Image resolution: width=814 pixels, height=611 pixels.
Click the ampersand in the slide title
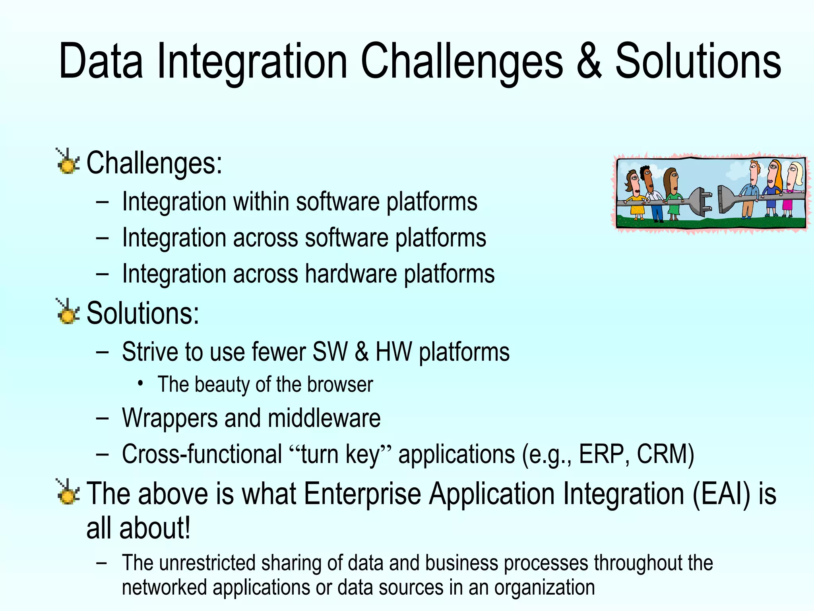tap(589, 62)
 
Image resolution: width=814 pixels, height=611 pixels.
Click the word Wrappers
tap(169, 419)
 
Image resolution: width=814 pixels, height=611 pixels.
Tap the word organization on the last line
tap(544, 588)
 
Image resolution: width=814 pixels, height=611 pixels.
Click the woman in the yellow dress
tap(634, 195)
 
